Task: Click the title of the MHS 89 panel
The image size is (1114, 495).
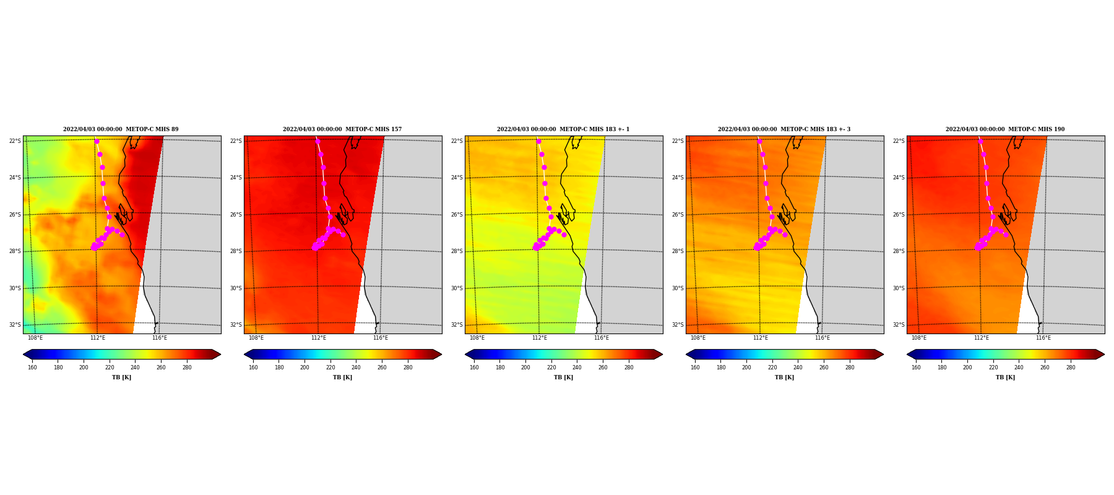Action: pos(121,129)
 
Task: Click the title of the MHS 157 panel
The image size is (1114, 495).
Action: pos(342,129)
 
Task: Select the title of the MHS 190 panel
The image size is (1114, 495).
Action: pos(1005,129)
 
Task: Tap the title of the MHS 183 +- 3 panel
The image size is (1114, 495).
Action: pos(784,129)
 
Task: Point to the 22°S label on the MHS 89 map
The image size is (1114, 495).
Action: pos(15,141)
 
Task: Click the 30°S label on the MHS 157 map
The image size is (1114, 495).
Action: pos(236,288)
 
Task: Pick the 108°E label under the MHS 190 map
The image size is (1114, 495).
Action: pos(919,338)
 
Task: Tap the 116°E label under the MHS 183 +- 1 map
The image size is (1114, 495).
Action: pos(602,338)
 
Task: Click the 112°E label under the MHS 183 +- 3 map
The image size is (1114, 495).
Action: pos(761,338)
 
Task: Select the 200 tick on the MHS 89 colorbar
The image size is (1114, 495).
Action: pos(84,368)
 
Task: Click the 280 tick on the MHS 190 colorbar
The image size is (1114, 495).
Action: pos(1071,368)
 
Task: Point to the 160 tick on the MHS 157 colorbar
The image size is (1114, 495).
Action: pos(253,368)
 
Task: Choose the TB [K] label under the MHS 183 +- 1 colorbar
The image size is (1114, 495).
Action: pos(563,377)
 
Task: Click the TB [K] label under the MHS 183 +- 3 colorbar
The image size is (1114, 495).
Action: pos(784,377)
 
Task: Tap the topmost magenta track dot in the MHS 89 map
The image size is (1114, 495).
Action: pos(97,142)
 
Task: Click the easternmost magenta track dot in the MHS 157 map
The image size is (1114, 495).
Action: pos(343,235)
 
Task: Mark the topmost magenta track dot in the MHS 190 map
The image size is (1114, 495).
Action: pos(980,142)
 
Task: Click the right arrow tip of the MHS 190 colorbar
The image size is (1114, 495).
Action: pos(1104,355)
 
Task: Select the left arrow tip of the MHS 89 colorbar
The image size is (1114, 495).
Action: pos(24,355)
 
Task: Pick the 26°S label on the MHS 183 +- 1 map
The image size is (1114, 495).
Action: pos(457,215)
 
